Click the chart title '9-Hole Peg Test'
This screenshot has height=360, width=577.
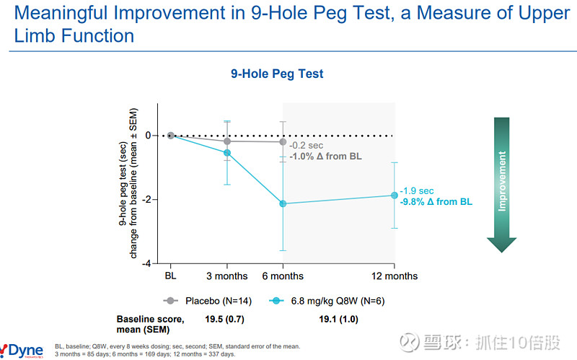[x=277, y=74]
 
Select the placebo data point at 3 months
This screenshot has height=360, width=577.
[x=227, y=141]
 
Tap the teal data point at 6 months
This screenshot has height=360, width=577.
[x=283, y=203]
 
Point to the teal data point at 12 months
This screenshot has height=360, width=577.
[x=394, y=195]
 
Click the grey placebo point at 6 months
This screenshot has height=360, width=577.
[x=283, y=141]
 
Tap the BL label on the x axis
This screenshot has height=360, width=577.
[x=171, y=276]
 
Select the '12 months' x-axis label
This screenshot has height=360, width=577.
[x=394, y=276]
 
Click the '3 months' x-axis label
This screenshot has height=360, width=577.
[x=227, y=276]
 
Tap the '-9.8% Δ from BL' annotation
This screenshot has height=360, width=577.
[x=436, y=202]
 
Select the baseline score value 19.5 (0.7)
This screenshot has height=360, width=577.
[x=226, y=318]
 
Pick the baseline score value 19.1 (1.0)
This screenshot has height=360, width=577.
[x=338, y=318]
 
